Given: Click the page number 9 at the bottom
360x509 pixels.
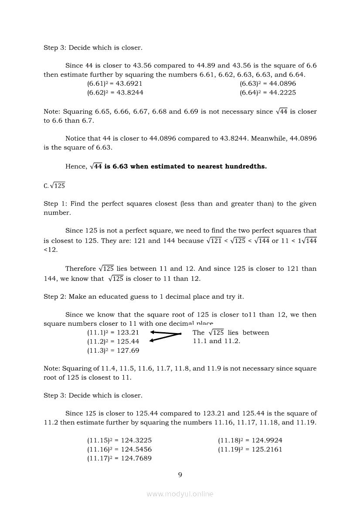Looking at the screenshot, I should [x=180, y=475].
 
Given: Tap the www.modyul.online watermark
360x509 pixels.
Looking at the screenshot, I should [x=180, y=494].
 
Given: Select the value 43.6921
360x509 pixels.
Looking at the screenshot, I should [x=128, y=83].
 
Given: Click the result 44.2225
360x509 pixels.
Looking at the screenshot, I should [x=281, y=92].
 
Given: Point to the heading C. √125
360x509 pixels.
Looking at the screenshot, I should [x=54, y=185].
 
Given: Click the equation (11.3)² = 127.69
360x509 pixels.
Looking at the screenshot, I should [x=113, y=351].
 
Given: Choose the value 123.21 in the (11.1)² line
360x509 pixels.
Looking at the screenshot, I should [x=125, y=333].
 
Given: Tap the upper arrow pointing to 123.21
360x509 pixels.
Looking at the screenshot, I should [x=165, y=333].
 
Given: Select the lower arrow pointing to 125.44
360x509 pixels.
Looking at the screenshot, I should [x=165, y=339].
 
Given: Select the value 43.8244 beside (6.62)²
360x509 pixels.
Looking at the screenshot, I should [x=128, y=92].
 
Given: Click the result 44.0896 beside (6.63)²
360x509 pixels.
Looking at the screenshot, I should [x=281, y=83].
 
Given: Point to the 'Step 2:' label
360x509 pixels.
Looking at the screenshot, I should [x=54, y=297].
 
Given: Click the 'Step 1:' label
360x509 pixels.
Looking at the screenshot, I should [x=54, y=204].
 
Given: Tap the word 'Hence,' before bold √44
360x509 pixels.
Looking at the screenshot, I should [x=76, y=166].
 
